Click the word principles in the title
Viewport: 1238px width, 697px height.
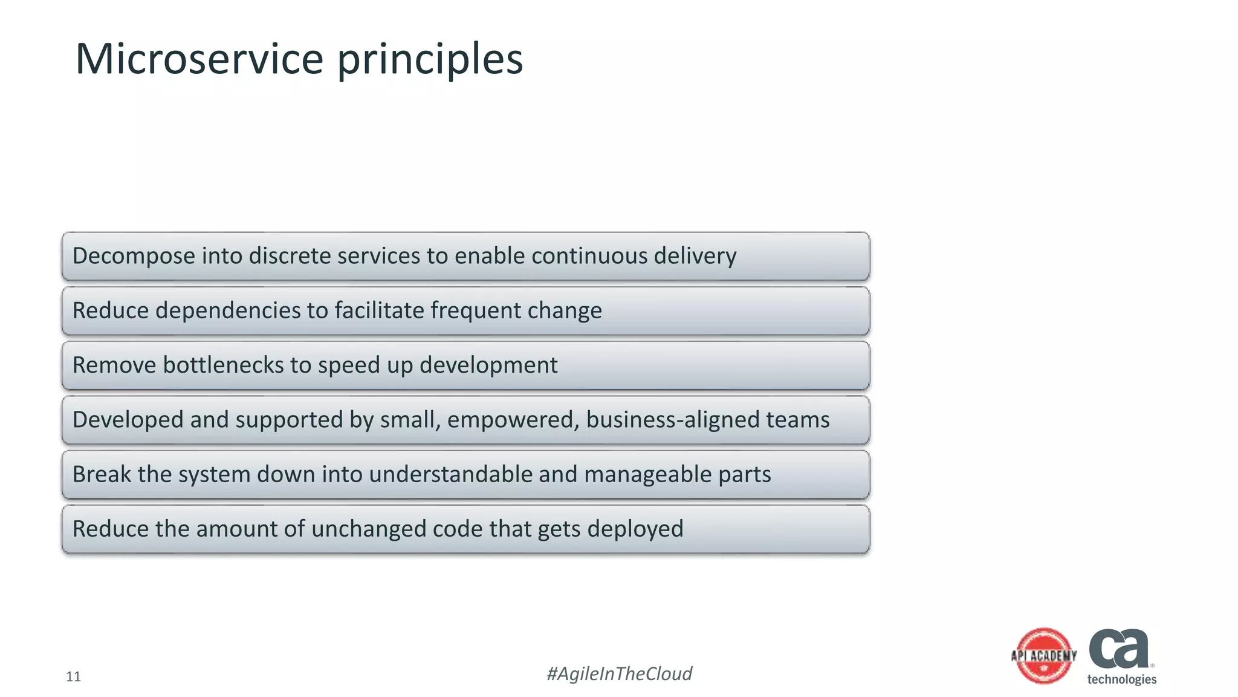[x=430, y=61]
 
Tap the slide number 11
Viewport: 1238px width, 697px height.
[x=73, y=676]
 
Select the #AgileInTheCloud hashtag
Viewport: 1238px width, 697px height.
[x=619, y=673]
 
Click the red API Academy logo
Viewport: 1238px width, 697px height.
[x=1044, y=656]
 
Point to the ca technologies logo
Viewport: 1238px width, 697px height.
[x=1120, y=650]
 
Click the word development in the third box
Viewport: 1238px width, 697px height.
[x=488, y=365]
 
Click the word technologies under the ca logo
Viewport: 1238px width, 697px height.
[x=1121, y=679]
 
